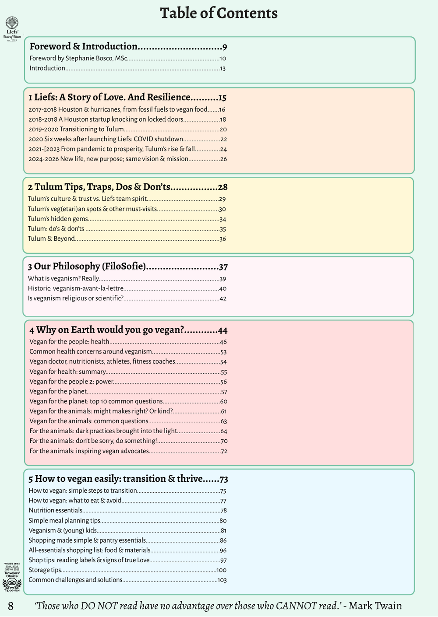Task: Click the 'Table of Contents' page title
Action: tap(219, 13)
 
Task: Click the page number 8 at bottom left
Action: tap(11, 606)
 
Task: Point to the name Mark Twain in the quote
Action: tap(375, 606)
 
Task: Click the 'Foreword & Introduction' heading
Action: tap(84, 46)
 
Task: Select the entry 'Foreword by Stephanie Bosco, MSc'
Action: tap(78, 58)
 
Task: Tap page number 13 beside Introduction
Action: tap(223, 68)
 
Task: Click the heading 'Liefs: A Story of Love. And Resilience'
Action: tap(112, 97)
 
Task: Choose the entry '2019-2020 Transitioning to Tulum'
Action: tap(76, 130)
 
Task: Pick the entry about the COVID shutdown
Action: tap(106, 139)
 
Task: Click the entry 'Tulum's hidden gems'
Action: tap(58, 219)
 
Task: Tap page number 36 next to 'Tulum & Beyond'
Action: tap(223, 239)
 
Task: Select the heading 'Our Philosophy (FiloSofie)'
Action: tap(89, 266)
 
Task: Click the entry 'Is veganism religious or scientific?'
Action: tap(75, 298)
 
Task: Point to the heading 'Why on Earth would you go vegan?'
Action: tap(109, 330)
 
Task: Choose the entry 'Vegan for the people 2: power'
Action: tap(71, 382)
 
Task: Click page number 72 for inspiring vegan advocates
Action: tap(224, 451)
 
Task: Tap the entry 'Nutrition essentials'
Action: tap(56, 510)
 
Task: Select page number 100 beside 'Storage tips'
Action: tap(221, 570)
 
